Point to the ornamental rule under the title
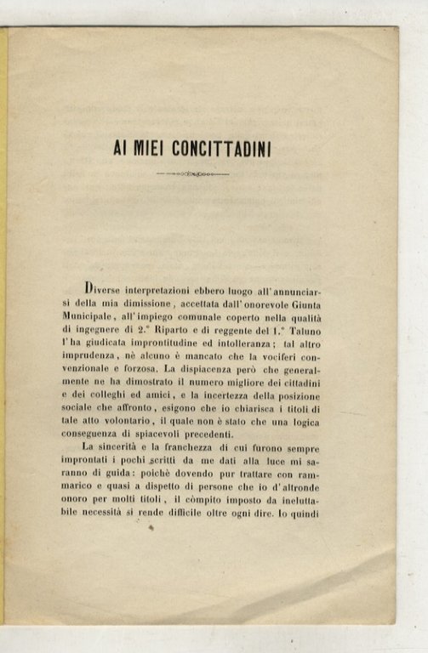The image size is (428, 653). [x=193, y=174]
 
